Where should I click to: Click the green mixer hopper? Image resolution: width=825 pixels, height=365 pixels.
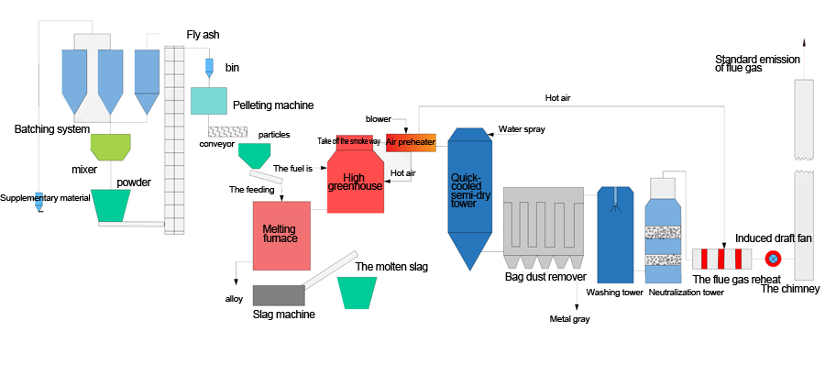tap(111, 147)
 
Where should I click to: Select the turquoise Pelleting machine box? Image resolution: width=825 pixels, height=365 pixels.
tap(209, 101)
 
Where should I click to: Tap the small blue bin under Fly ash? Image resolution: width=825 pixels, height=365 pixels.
tap(209, 67)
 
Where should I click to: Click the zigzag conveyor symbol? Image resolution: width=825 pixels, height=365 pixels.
tap(227, 132)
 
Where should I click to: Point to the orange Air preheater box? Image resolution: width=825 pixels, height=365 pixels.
tap(411, 143)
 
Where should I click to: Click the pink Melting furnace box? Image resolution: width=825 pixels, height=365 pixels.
tap(281, 236)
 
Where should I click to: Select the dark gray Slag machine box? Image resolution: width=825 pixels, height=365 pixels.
tap(279, 295)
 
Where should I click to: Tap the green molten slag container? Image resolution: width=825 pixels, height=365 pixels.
tap(357, 293)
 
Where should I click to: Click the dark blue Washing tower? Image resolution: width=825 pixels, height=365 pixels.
tap(616, 235)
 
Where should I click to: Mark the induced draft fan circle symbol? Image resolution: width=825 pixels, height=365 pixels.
tap(774, 259)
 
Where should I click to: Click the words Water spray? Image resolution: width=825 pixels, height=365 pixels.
tap(522, 129)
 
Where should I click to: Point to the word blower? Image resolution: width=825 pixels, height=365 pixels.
tap(379, 119)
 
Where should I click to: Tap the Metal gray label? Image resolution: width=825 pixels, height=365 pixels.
tap(570, 318)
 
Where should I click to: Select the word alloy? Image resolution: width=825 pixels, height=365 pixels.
tap(234, 299)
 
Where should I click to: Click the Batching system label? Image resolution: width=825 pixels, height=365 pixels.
tap(52, 129)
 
